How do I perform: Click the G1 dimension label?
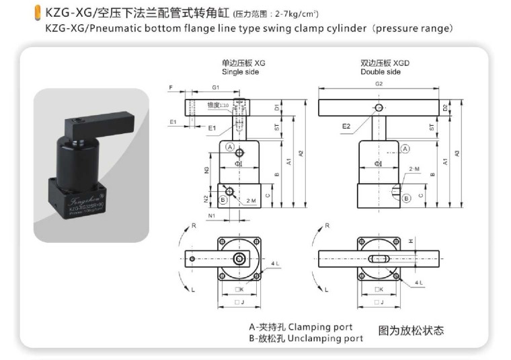click(216, 87)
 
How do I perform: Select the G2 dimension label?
click(379, 83)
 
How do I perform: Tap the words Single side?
click(239, 71)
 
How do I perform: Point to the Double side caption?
click(380, 71)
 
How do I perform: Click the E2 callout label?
click(346, 126)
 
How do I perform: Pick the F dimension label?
click(171, 87)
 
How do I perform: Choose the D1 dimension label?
click(277, 107)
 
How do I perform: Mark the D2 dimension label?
click(445, 107)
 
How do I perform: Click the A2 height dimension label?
click(301, 153)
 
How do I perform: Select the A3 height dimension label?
click(457, 153)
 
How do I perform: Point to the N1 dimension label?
click(212, 216)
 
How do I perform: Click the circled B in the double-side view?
click(405, 198)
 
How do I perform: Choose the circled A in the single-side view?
click(230, 147)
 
